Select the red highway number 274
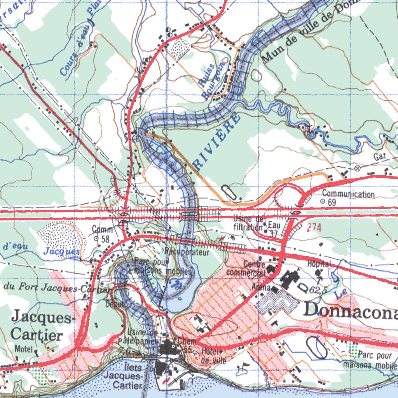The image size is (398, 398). point(314,228)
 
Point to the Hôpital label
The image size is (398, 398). point(318,264)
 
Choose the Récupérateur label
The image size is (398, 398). point(187,252)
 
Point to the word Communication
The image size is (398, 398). point(348,194)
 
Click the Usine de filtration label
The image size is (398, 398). point(249,222)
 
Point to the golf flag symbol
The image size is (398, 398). point(245,366)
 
